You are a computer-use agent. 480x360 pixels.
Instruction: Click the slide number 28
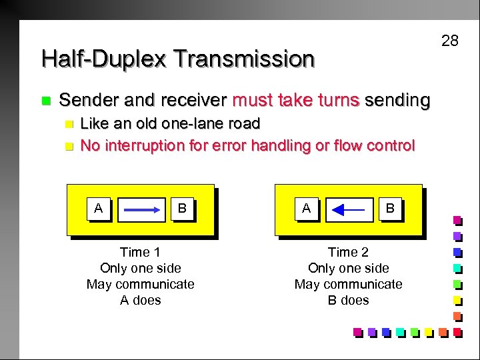(x=450, y=41)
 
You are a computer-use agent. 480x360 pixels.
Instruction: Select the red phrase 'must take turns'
(x=295, y=101)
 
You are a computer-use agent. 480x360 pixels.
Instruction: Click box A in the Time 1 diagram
(x=99, y=209)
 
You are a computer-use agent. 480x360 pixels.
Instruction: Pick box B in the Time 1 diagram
(x=182, y=209)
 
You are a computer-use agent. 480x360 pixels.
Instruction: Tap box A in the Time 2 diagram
(x=307, y=209)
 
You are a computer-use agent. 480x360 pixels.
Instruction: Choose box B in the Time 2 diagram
(x=390, y=209)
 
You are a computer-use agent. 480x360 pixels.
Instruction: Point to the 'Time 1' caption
(x=140, y=252)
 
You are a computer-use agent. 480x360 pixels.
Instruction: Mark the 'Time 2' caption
(x=348, y=252)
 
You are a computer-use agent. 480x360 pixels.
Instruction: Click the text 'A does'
(x=140, y=300)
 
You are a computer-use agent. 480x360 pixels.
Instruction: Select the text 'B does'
(x=348, y=300)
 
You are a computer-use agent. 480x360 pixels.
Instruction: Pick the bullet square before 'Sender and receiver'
(x=45, y=101)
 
